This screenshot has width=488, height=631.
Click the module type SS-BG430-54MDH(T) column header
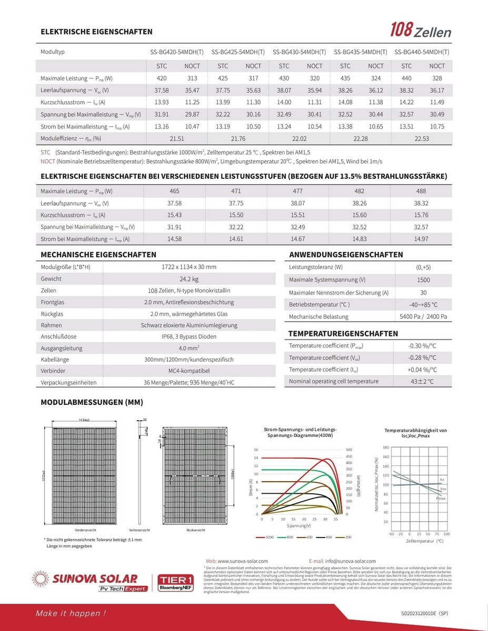pos(299,52)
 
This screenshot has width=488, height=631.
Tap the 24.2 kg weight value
pos(189,279)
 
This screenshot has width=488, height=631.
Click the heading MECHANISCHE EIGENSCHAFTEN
pos(98,255)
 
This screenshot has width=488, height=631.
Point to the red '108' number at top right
pos(400,30)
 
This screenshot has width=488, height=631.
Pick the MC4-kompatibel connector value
pos(189,371)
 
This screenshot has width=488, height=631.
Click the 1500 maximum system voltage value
pos(423,280)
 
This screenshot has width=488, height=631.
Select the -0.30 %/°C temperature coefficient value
pos(422,346)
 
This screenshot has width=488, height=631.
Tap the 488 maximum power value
pos(421,191)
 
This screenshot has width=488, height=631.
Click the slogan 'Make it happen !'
pos(71,613)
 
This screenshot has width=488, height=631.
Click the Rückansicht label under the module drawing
pos(195,531)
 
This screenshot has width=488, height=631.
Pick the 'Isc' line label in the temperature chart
pos(442,480)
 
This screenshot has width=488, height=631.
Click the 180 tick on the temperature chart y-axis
pos(385,447)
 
